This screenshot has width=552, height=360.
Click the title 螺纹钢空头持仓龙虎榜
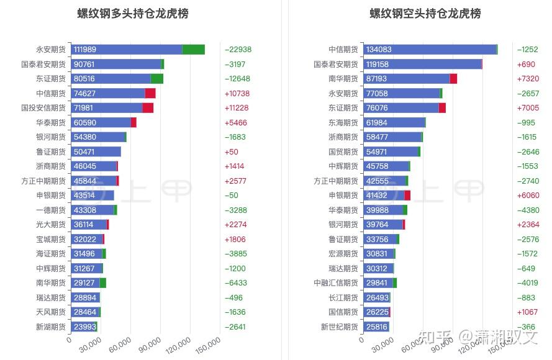(425, 14)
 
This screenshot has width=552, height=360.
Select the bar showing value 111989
(126, 50)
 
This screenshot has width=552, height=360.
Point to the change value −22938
(238, 50)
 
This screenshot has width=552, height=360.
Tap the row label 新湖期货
(51, 326)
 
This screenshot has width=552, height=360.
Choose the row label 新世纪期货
(340, 326)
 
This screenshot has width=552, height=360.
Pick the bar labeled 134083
(430, 50)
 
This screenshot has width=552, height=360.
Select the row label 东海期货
(343, 122)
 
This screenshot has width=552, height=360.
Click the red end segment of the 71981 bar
(148, 108)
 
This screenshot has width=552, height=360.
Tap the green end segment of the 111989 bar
(194, 50)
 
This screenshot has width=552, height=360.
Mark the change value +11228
(237, 108)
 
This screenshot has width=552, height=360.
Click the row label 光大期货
(51, 225)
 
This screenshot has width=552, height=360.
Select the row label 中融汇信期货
(336, 283)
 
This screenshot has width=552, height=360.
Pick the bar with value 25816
(376, 326)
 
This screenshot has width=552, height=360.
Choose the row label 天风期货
(51, 312)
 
